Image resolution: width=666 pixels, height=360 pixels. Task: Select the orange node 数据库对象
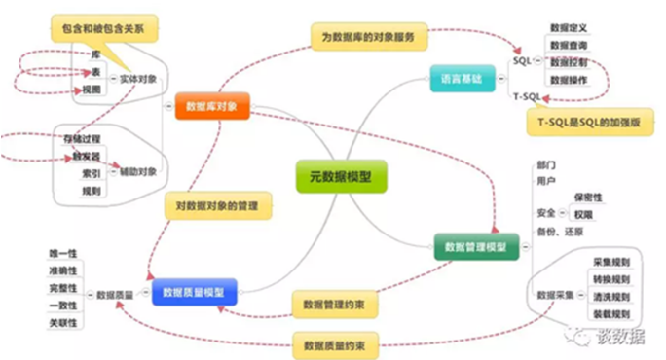(211, 104)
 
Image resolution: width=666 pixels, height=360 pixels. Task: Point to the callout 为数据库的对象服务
(369, 37)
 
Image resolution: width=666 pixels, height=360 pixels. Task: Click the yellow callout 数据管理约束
(334, 306)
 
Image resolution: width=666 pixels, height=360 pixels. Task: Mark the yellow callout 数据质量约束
(334, 344)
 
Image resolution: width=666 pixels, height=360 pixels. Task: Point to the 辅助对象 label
(137, 171)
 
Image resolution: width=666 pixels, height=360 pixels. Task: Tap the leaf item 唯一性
(64, 253)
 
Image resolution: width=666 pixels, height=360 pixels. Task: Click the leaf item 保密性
(589, 198)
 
